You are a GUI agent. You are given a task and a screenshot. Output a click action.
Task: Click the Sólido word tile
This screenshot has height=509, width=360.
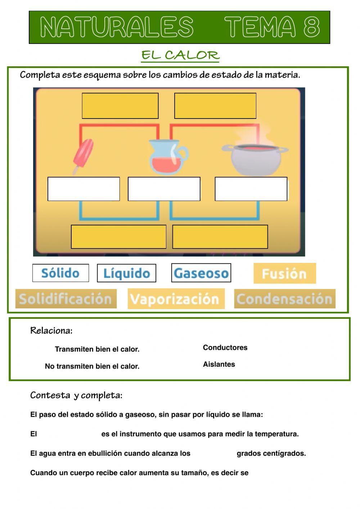[60, 273]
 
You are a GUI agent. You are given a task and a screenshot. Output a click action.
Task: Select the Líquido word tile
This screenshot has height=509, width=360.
[126, 273]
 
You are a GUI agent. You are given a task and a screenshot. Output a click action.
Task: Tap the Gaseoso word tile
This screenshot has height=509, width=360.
[201, 273]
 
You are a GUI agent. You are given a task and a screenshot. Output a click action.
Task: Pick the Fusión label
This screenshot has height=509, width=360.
[284, 273]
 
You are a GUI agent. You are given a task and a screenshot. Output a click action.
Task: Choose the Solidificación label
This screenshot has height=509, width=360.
[66, 299]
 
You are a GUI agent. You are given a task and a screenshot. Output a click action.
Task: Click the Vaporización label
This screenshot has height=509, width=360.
[176, 299]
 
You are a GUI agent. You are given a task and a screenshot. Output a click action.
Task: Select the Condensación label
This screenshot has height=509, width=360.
[284, 299]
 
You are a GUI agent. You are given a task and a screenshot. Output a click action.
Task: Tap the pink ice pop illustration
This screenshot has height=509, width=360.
[83, 155]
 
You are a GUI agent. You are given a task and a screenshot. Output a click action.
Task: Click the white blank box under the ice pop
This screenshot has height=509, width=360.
[84, 189]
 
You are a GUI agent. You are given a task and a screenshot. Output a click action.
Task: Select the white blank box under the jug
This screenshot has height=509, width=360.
[164, 189]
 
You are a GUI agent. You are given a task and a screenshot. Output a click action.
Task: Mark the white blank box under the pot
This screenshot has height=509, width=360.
[251, 189]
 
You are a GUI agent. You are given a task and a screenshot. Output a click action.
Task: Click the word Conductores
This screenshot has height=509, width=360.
[225, 348]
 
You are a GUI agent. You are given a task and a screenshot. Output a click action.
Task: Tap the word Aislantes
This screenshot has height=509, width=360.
[219, 364]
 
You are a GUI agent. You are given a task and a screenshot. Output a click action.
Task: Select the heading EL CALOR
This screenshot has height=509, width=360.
[180, 55]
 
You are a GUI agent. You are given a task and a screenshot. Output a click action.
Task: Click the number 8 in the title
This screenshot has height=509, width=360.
[311, 27]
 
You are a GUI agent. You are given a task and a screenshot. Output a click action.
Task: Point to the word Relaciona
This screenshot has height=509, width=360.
[51, 330]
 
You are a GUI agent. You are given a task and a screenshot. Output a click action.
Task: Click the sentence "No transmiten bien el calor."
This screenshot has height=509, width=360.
[92, 366]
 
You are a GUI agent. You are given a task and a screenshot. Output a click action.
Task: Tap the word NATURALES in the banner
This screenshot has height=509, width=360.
[117, 27]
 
